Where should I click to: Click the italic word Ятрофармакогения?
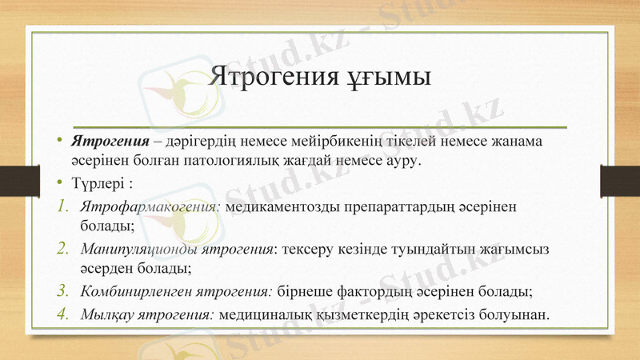tap(150, 206)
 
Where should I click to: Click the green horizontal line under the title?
tap(320, 126)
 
